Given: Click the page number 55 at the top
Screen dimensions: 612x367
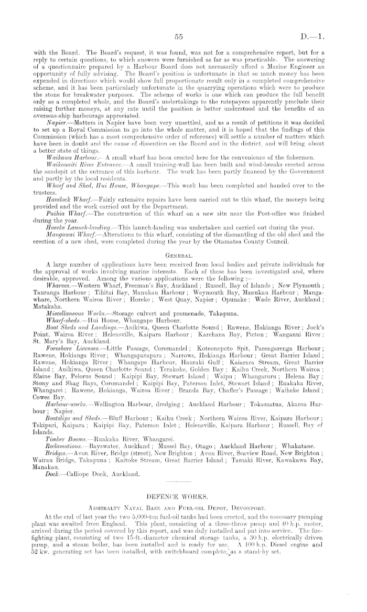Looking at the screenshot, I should click(x=179, y=37).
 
